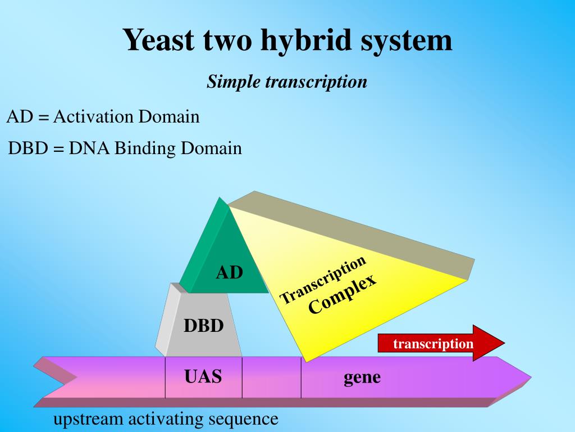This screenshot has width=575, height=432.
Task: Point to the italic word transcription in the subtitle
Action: click(316, 82)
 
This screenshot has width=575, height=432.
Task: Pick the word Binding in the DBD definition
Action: click(145, 148)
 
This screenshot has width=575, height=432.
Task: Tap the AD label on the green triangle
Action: click(230, 273)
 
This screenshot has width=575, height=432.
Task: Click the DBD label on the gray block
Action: click(203, 326)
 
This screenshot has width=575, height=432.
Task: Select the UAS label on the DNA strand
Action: click(203, 376)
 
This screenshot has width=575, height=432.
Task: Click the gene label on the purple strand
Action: click(362, 377)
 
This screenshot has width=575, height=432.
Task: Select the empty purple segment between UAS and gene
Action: click(272, 377)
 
